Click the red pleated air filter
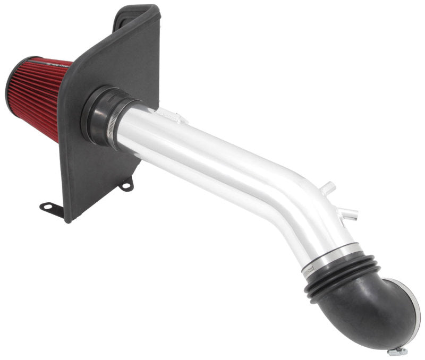tap(40, 101)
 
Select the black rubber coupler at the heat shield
tap(101, 114)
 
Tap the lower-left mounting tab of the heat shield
tap(50, 207)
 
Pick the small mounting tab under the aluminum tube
tap(126, 185)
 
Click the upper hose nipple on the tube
tap(329, 187)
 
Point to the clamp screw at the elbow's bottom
tap(395, 350)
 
